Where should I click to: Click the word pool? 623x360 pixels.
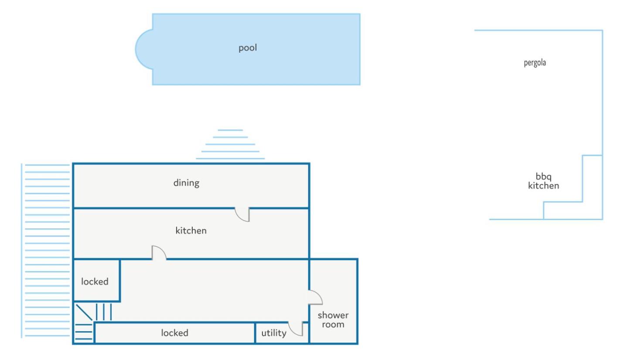[248, 48]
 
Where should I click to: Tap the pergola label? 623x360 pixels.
[534, 63]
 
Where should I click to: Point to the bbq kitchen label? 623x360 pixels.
[543, 181]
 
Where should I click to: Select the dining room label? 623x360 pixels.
[186, 183]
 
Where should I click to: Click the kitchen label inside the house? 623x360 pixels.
[191, 231]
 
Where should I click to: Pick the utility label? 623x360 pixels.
[274, 333]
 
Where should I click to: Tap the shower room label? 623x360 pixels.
[333, 320]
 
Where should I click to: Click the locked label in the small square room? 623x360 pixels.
[95, 282]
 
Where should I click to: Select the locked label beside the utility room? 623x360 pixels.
[175, 333]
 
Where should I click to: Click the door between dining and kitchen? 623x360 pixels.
[242, 214]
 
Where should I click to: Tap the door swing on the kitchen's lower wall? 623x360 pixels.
[159, 253]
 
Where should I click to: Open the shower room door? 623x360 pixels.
[316, 297]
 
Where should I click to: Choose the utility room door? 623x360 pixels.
[295, 329]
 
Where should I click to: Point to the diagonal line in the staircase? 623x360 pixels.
[84, 312]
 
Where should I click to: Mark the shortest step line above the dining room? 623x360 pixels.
[230, 130]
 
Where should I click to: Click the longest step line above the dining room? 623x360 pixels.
[230, 159]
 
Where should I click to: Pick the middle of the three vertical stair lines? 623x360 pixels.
[104, 312]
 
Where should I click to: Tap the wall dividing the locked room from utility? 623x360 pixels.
[255, 333]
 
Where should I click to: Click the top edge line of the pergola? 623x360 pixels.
[538, 31]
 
